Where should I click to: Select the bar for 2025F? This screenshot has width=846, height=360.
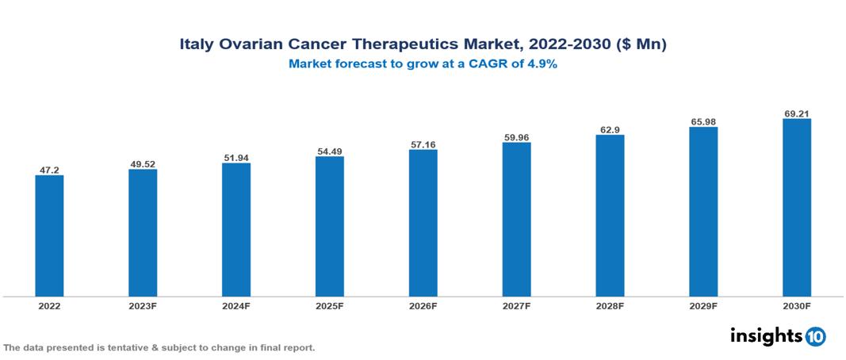(x=329, y=226)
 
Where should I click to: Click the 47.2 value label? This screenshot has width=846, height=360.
(x=49, y=170)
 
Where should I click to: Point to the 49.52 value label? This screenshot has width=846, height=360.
(x=143, y=164)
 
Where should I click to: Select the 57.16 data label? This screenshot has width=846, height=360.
(x=423, y=144)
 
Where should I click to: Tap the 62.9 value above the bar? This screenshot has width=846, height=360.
(x=610, y=129)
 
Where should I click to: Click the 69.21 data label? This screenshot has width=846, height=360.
(x=796, y=113)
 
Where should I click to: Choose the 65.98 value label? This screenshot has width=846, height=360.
(x=703, y=121)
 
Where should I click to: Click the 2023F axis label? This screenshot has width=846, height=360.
(x=143, y=305)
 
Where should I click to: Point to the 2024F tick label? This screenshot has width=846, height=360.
(x=236, y=305)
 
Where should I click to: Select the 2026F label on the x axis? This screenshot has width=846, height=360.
(x=423, y=305)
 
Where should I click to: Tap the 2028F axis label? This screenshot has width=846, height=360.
(x=610, y=305)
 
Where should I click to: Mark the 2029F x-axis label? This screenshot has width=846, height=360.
(x=703, y=305)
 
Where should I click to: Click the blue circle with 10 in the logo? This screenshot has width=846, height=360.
(x=815, y=336)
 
